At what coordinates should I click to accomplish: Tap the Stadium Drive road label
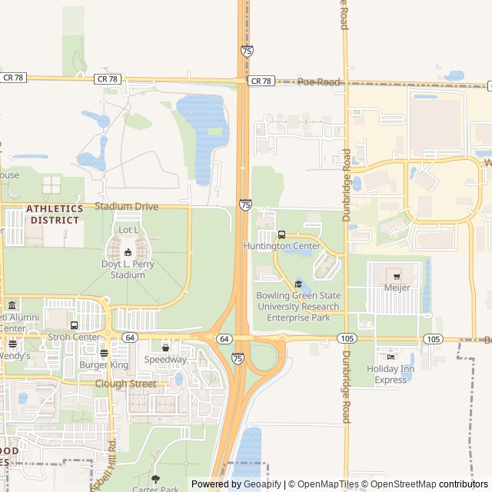pyautogui.click(x=126, y=207)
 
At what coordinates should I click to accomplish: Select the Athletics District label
pyautogui.click(x=54, y=214)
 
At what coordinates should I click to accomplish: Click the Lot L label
pyautogui.click(x=128, y=230)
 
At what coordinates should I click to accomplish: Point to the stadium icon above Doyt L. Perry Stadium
pyautogui.click(x=128, y=253)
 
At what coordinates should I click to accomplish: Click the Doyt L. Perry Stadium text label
pyautogui.click(x=128, y=269)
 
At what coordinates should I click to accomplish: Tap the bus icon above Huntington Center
pyautogui.click(x=281, y=235)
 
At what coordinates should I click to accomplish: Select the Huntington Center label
pyautogui.click(x=281, y=246)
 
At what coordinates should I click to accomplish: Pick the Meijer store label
pyautogui.click(x=397, y=288)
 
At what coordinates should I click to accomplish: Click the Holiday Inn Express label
pyautogui.click(x=391, y=374)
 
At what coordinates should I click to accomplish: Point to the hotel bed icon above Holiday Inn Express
pyautogui.click(x=391, y=357)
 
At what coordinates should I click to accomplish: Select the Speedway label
pyautogui.click(x=165, y=360)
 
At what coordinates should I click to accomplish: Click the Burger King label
pyautogui.click(x=104, y=364)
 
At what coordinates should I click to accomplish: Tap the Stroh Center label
pyautogui.click(x=74, y=337)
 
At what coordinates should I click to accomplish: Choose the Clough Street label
pyautogui.click(x=125, y=384)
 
